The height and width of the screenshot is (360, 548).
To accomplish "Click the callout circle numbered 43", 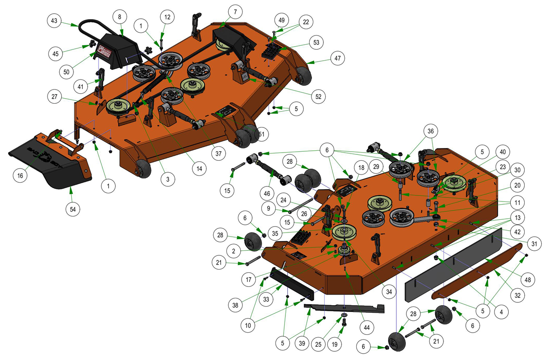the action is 54,21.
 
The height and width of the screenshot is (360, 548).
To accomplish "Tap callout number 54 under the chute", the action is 73,209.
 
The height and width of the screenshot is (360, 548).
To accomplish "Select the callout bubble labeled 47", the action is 337,58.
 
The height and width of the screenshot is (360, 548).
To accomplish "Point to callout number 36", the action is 431,131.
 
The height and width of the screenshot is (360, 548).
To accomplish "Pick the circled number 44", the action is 367,328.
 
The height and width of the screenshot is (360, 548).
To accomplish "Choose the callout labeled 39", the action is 302,344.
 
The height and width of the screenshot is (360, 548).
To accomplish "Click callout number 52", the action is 318,96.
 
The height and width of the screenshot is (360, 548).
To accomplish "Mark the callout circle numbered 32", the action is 517,296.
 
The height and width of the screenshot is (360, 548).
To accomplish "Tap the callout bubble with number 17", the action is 248,280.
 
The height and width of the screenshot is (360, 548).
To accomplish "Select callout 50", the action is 66,72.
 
